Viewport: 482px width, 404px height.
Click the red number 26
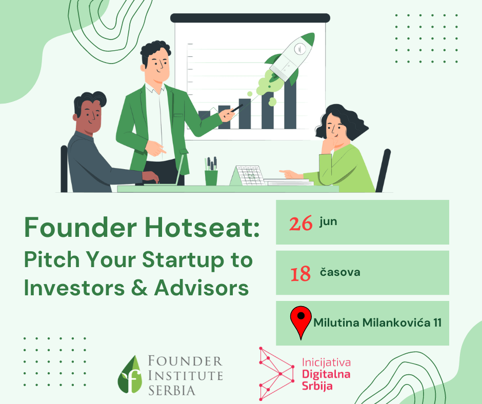click(300, 224)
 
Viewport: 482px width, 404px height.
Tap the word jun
click(328, 221)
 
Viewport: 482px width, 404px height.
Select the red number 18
click(300, 274)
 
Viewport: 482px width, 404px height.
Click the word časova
click(340, 272)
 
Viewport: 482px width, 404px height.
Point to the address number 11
click(437, 322)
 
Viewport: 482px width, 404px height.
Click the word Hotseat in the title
click(202, 227)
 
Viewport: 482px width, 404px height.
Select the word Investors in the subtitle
click(74, 288)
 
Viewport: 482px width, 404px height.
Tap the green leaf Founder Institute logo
click(129, 374)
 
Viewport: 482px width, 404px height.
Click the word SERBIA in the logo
click(172, 391)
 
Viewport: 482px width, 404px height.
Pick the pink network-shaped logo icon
click(276, 374)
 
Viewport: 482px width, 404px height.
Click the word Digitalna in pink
click(326, 374)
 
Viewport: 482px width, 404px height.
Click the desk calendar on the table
click(248, 175)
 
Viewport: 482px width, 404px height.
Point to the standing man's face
click(158, 64)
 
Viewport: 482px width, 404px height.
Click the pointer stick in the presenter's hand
click(237, 108)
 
